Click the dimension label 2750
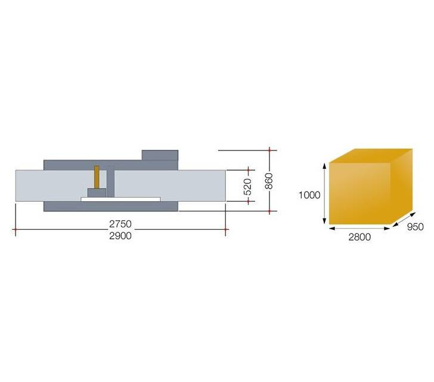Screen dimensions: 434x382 coord(120,224)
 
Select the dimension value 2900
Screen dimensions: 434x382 coord(120,236)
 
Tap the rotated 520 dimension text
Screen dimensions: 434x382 coord(248,187)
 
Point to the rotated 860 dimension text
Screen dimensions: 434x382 coord(269,181)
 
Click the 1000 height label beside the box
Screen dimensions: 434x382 coord(309,195)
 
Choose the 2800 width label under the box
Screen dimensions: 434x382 coord(359,237)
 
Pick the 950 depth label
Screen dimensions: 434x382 coord(415,227)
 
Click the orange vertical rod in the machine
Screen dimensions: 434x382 coord(97,177)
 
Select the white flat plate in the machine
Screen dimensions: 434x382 coord(120,199)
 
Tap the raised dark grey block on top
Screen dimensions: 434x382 coord(160,155)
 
